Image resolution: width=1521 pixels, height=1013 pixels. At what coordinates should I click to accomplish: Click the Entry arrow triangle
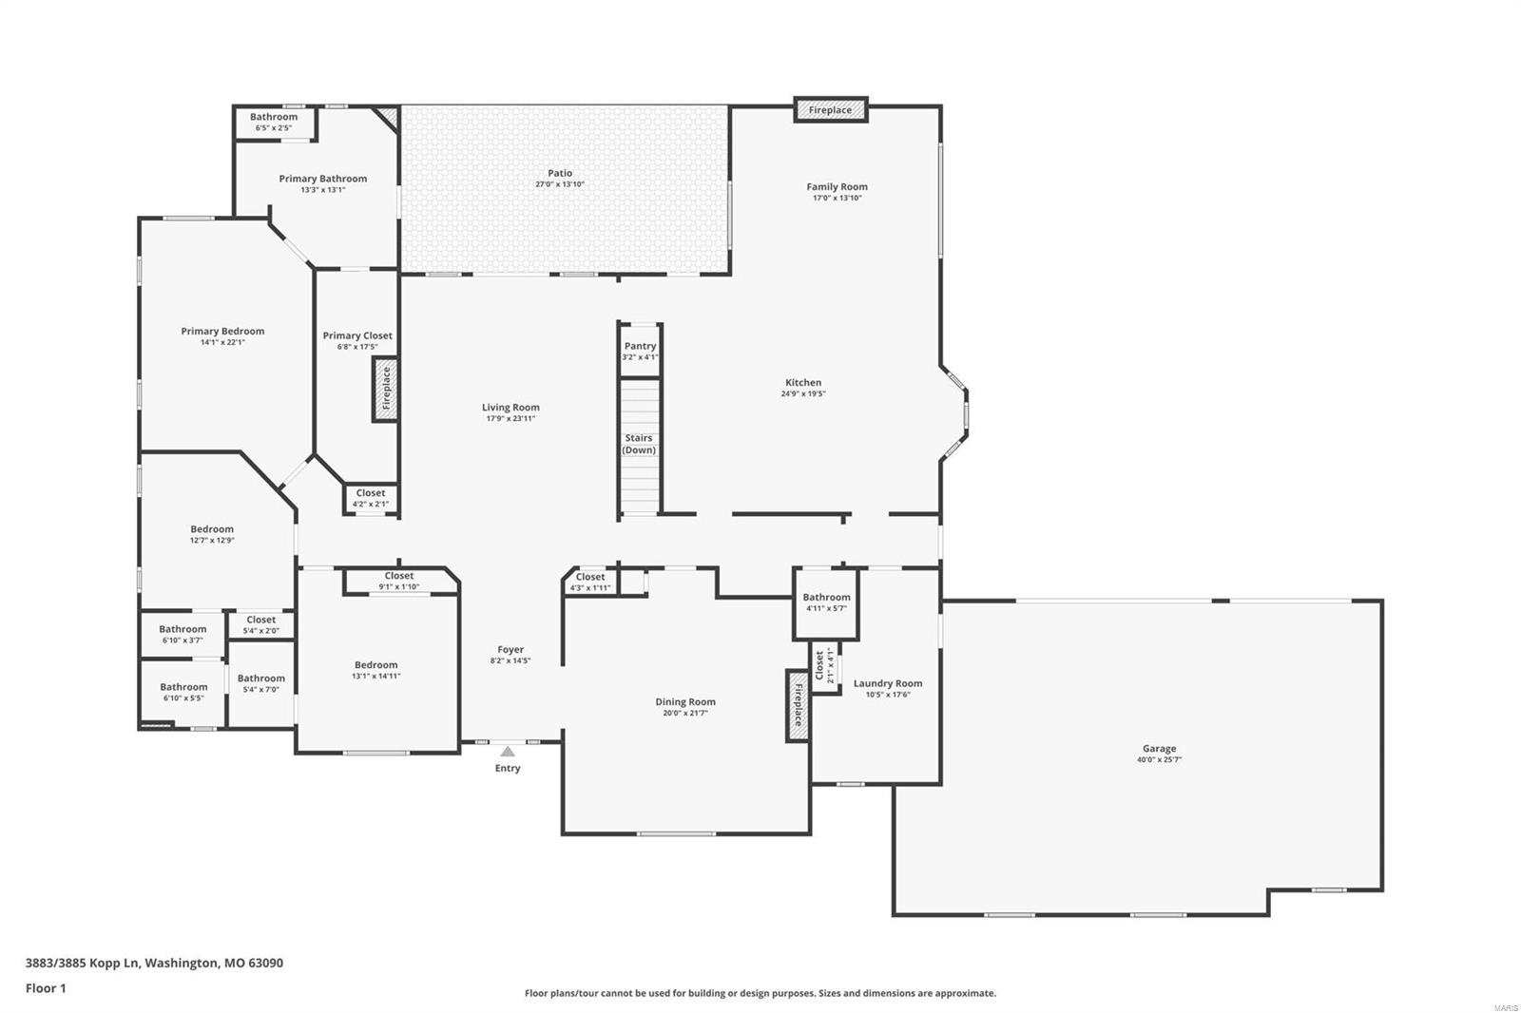pos(508,751)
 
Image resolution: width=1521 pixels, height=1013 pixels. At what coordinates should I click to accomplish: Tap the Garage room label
pos(1159,749)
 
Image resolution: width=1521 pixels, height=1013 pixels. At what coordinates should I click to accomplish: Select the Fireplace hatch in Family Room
pos(831,110)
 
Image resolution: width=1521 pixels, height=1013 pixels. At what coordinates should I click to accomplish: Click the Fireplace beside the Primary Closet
pos(385,389)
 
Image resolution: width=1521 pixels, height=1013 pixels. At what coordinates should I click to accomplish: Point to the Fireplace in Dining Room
pos(797,706)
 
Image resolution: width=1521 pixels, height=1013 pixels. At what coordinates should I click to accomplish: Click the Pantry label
pos(640,346)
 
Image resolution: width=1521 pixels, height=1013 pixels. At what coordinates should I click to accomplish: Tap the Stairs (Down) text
pos(639,444)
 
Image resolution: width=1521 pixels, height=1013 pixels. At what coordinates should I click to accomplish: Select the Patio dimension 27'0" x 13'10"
pos(560,184)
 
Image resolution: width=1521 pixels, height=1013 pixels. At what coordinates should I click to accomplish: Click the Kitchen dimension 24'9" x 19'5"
pos(803,393)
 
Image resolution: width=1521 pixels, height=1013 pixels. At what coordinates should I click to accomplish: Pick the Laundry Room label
pos(887,683)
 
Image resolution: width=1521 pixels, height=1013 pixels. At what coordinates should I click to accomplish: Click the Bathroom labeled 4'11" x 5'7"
pos(826,602)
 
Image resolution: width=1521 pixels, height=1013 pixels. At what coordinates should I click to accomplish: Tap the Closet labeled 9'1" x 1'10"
pos(399,581)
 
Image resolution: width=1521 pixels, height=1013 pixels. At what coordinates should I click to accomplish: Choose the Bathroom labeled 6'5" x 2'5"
pos(274,122)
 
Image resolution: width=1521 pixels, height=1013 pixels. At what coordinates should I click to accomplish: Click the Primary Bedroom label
pos(222,332)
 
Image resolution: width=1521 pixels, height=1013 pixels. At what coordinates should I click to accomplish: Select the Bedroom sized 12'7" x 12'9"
pos(212,534)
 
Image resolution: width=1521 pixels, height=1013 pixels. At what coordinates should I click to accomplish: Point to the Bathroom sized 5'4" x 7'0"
pos(260,683)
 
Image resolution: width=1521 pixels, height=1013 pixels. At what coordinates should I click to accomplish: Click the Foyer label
pos(510,650)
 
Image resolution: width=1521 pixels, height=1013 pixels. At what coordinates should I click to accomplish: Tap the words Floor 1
pos(46,988)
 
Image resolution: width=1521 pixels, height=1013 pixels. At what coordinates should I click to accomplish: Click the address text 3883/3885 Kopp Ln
pos(84,963)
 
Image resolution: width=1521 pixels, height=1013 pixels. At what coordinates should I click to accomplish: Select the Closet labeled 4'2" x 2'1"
pos(371,498)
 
